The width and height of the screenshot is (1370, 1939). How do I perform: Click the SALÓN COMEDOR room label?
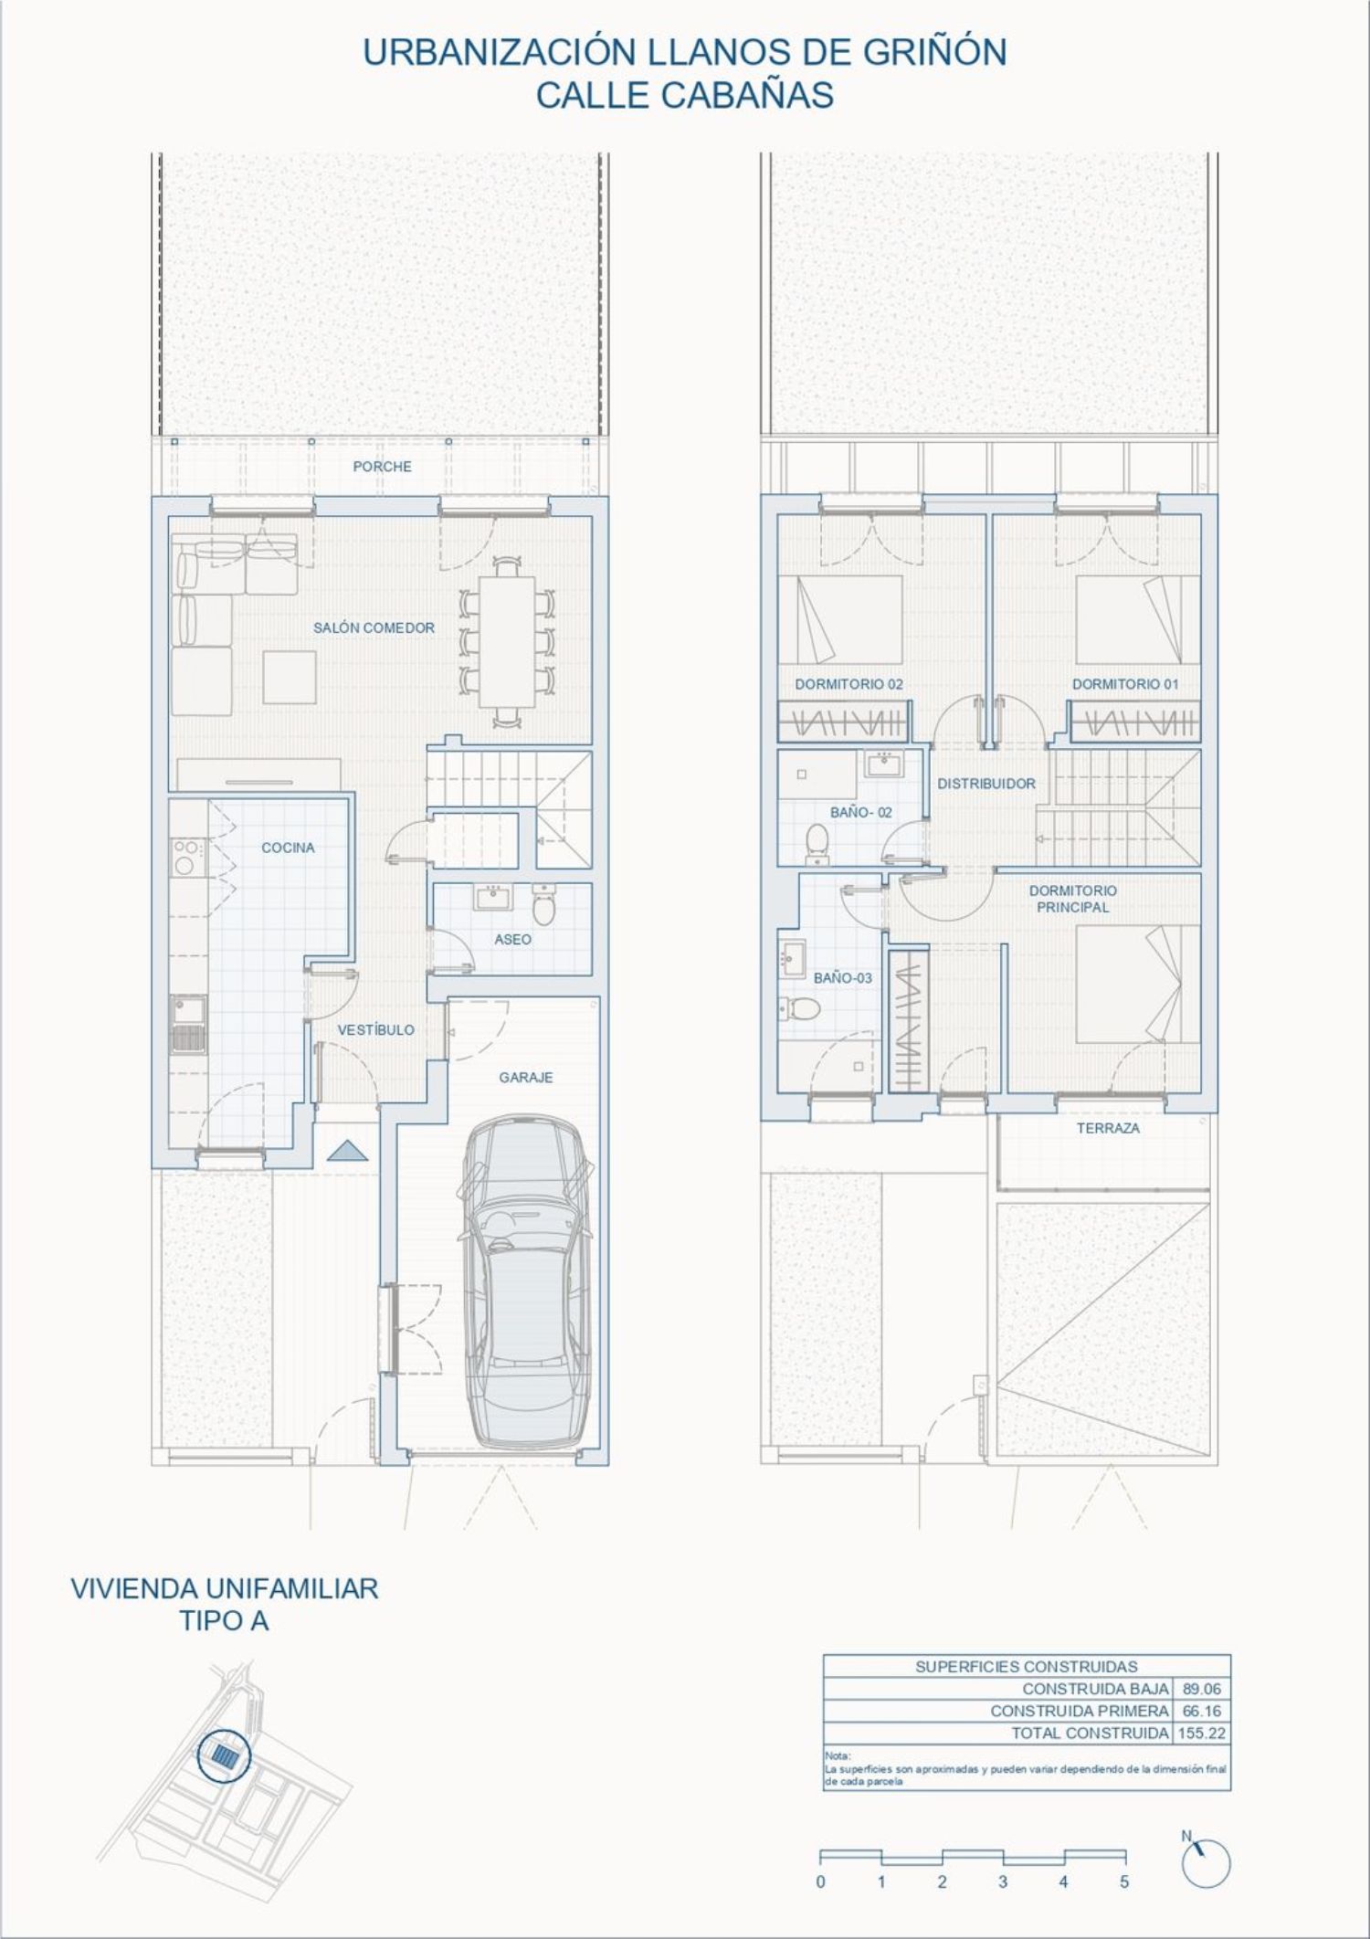(x=374, y=628)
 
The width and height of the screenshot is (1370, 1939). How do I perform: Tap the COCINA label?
(x=288, y=848)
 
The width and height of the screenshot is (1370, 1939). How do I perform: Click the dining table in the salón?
(x=509, y=640)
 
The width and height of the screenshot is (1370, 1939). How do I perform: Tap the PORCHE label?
(x=382, y=467)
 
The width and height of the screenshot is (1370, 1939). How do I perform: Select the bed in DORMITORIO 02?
(x=850, y=619)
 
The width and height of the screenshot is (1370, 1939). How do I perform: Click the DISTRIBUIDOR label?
(x=986, y=784)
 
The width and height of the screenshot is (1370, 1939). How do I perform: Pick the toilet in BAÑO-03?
(x=800, y=1008)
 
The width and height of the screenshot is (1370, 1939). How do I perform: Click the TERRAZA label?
(x=1108, y=1128)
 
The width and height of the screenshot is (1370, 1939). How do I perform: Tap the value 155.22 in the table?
(x=1202, y=1733)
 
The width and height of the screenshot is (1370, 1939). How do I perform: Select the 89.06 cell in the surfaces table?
(x=1202, y=1689)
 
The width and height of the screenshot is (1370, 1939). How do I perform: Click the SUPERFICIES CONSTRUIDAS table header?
(x=1027, y=1667)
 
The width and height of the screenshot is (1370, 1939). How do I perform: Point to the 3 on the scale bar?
(x=1003, y=1881)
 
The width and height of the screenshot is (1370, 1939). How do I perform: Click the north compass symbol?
(x=1205, y=1862)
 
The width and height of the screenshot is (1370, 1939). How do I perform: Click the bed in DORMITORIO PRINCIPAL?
(x=1138, y=984)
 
